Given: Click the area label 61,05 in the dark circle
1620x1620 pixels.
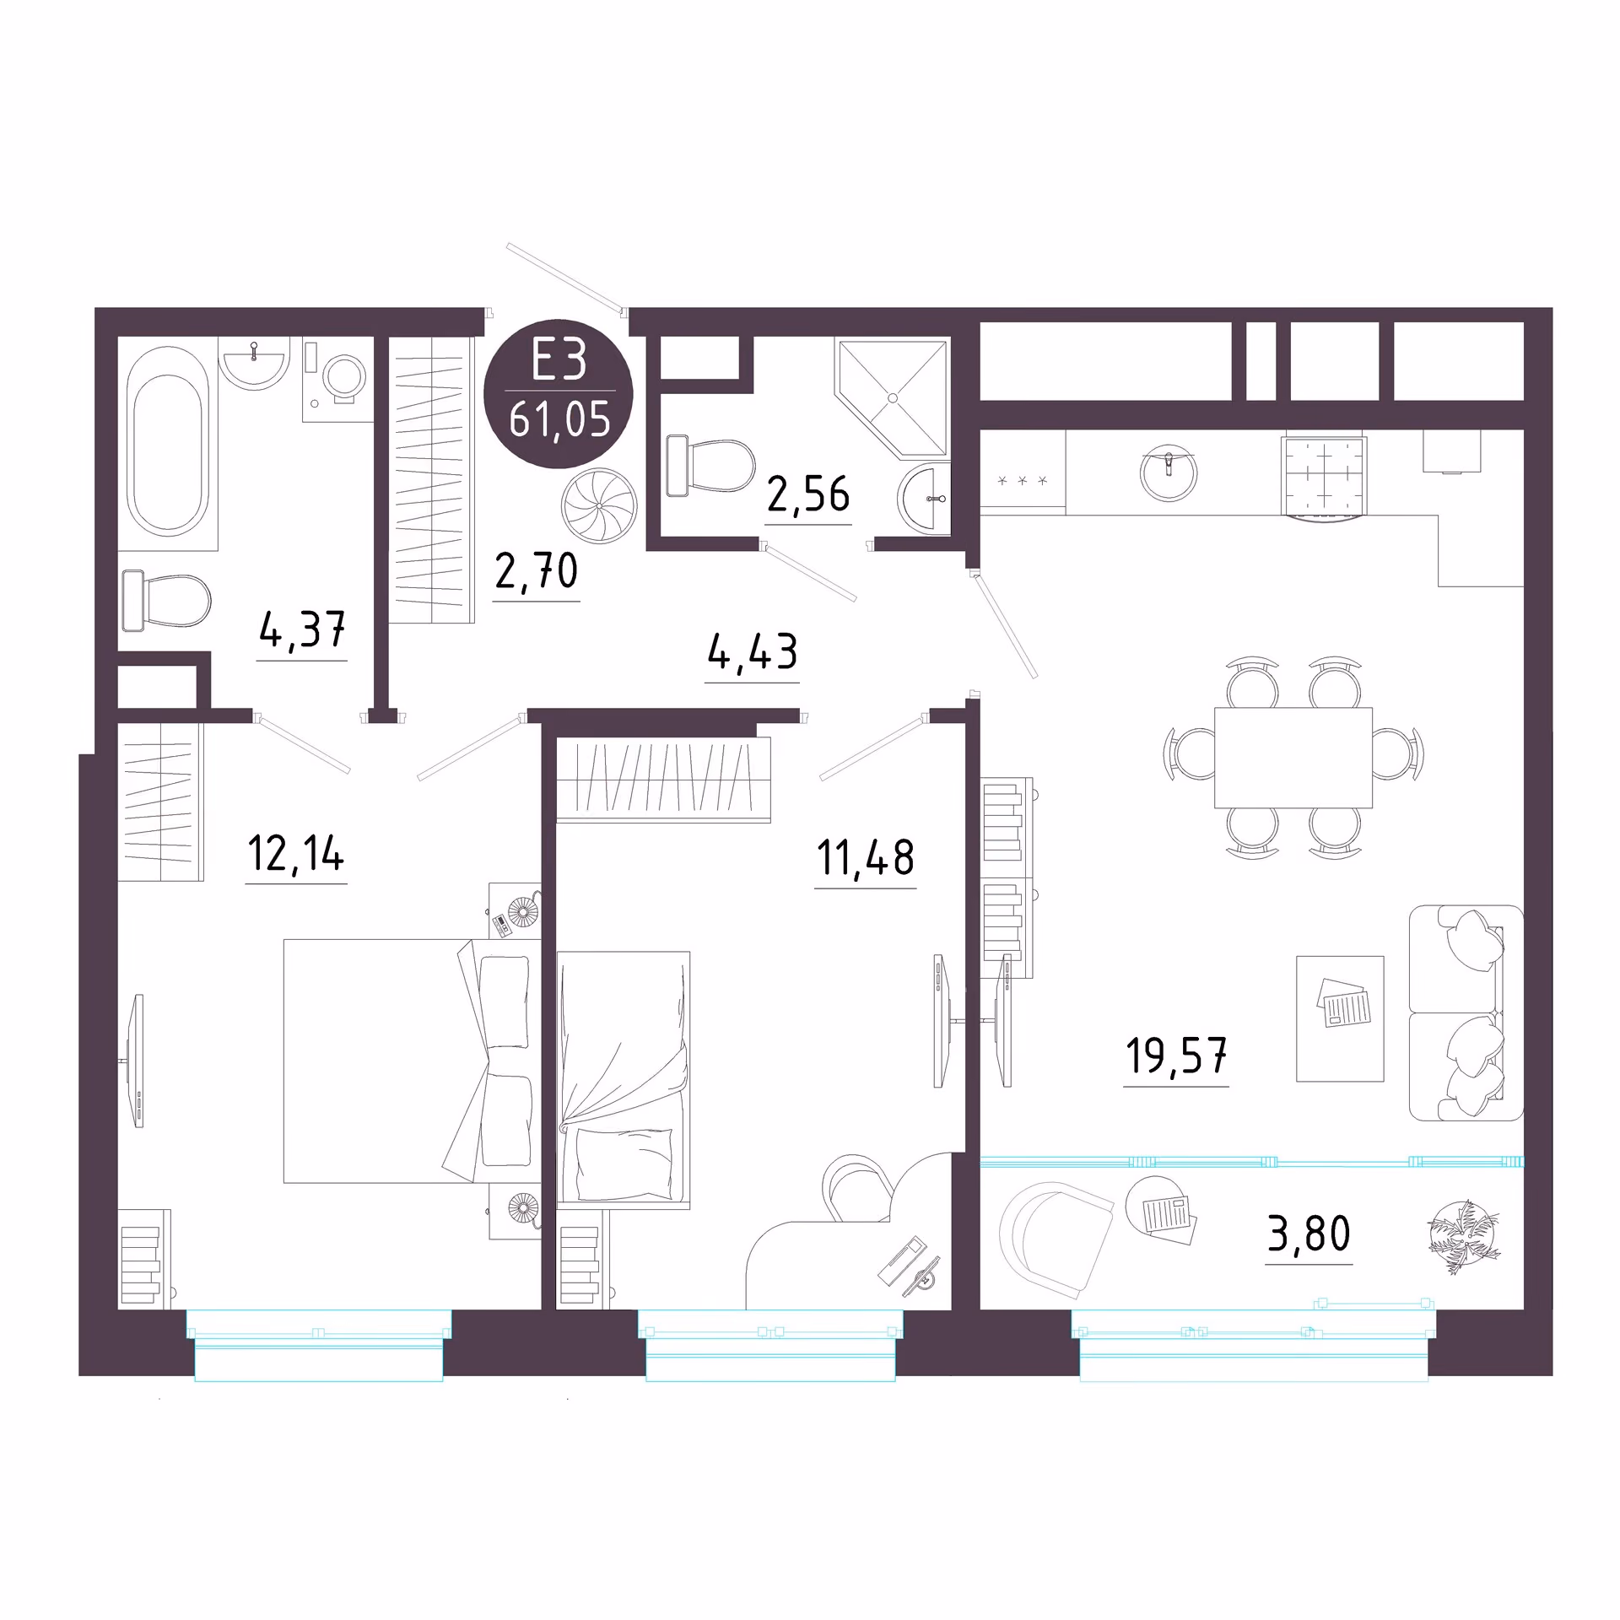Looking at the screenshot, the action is [559, 419].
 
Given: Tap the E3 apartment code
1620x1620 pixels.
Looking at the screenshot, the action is [558, 361].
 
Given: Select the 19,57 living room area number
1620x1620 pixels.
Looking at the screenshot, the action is [1176, 1056].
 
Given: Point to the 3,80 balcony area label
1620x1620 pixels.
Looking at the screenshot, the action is [1309, 1234].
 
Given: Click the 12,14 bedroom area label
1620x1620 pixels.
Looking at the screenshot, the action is [296, 853].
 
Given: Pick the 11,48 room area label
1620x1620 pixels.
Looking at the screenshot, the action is [865, 857].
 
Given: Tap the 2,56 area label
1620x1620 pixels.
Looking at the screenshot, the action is [808, 494].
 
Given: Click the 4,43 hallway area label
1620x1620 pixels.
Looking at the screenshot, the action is [752, 652].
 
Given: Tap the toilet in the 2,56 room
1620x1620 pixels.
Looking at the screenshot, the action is [710, 466].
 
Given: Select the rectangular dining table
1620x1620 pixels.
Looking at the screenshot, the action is [1293, 757].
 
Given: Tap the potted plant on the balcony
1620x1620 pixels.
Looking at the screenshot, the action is [1464, 1236].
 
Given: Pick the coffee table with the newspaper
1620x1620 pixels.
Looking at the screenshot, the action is [1340, 1018].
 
